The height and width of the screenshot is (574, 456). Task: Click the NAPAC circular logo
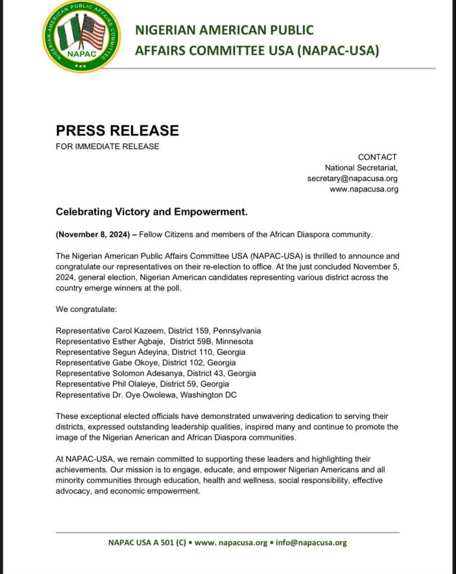(81, 36)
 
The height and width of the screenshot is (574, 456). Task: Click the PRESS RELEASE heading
(117, 130)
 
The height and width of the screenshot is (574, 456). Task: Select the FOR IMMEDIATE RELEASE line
(107, 146)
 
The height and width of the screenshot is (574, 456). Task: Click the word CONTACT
(377, 157)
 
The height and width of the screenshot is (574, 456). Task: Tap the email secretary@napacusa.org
(352, 178)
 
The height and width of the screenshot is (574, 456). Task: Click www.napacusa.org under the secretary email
(364, 189)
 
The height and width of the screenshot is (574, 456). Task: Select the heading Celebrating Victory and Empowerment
(151, 211)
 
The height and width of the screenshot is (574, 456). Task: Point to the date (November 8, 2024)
(93, 234)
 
